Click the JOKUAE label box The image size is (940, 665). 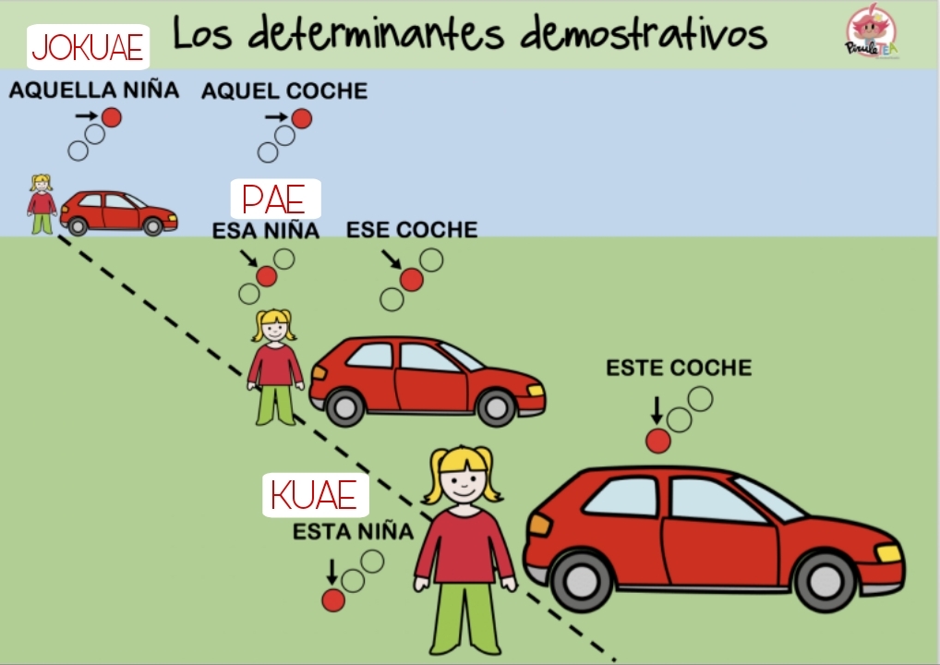(x=88, y=47)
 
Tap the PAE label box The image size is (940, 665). (x=276, y=199)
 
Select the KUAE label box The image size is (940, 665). (x=315, y=495)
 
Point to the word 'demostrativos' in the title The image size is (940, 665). (x=644, y=33)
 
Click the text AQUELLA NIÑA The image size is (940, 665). (x=94, y=90)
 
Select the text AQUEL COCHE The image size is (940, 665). (x=284, y=91)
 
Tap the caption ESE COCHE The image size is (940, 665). (x=412, y=229)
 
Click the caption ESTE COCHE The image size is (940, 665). (x=679, y=368)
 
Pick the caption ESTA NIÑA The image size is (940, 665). (x=353, y=531)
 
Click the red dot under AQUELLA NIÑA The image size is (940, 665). (x=112, y=117)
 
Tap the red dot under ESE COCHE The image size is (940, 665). (x=411, y=280)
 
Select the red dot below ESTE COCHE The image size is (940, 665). (x=657, y=441)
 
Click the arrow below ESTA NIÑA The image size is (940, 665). (x=331, y=572)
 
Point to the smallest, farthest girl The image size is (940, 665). (x=42, y=204)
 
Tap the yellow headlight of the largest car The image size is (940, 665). (x=888, y=552)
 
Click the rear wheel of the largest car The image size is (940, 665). (x=581, y=581)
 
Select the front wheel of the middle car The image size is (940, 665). (x=496, y=407)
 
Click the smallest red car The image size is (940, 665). (x=119, y=212)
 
